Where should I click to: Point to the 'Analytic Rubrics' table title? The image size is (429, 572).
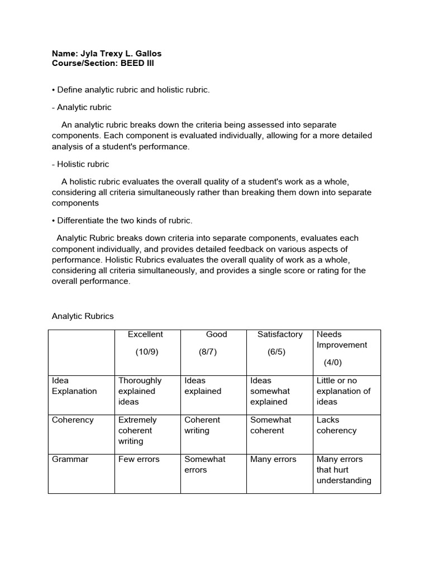(x=83, y=316)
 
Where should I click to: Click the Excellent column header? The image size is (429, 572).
(x=145, y=335)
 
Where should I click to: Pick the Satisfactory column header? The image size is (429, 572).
(x=280, y=335)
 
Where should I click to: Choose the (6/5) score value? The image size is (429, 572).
(x=275, y=352)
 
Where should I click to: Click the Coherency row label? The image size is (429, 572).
(x=73, y=420)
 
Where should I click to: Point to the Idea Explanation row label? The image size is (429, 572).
(x=74, y=386)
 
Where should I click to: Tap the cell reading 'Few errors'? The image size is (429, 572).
(x=139, y=459)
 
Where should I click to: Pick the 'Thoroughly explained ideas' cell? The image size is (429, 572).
(x=140, y=391)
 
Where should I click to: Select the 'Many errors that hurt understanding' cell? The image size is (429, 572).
(x=344, y=470)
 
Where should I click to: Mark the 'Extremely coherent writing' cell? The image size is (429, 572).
(x=137, y=431)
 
